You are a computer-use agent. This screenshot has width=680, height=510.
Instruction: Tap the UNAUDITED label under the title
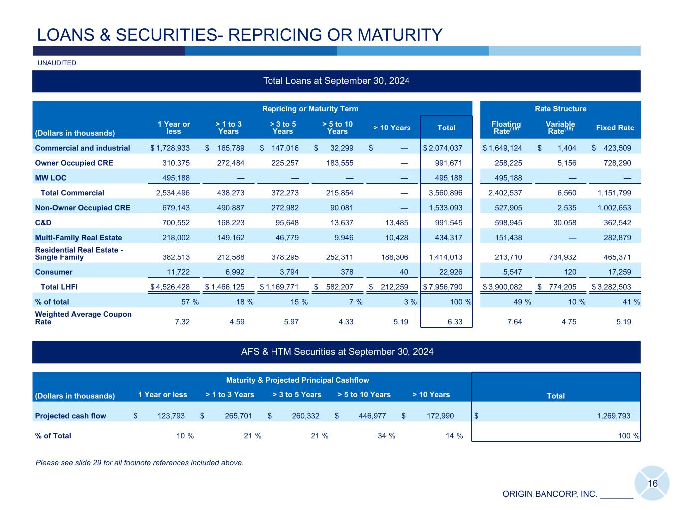(x=57, y=63)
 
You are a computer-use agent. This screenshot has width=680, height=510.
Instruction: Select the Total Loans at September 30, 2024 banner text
(x=336, y=81)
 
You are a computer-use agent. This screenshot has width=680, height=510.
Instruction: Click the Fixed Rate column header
(x=615, y=127)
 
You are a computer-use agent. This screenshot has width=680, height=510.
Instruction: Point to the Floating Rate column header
(x=506, y=127)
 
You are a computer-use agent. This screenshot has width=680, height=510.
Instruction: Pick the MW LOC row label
(x=50, y=178)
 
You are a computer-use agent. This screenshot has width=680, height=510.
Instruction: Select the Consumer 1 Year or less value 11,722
(x=175, y=272)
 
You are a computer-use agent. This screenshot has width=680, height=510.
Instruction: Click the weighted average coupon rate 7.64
(x=514, y=322)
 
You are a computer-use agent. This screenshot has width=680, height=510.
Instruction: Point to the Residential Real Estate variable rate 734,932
(x=560, y=257)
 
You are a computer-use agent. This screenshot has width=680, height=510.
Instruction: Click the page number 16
(x=652, y=484)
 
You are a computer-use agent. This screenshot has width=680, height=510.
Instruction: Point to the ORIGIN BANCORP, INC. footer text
(x=549, y=494)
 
